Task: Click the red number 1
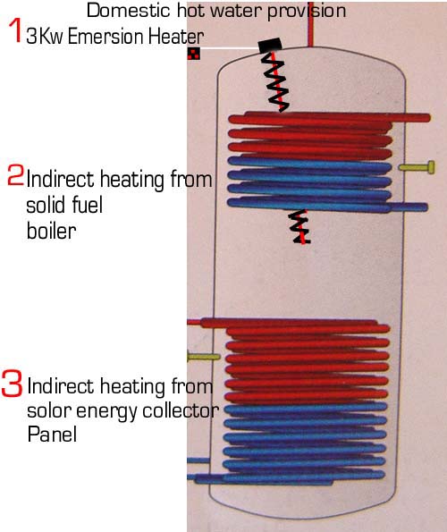tap(14, 30)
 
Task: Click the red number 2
tap(15, 175)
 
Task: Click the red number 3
tap(12, 384)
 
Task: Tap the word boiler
tap(51, 231)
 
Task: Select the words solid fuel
tap(64, 205)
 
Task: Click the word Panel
tap(52, 434)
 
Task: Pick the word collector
tap(181, 410)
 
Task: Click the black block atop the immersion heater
tap(270, 45)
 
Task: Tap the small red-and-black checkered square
tap(194, 54)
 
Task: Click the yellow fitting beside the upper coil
tap(417, 167)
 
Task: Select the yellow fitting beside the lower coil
tap(204, 357)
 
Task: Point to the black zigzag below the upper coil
tap(300, 226)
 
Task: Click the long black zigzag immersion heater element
tap(275, 82)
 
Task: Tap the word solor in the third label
tap(48, 410)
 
